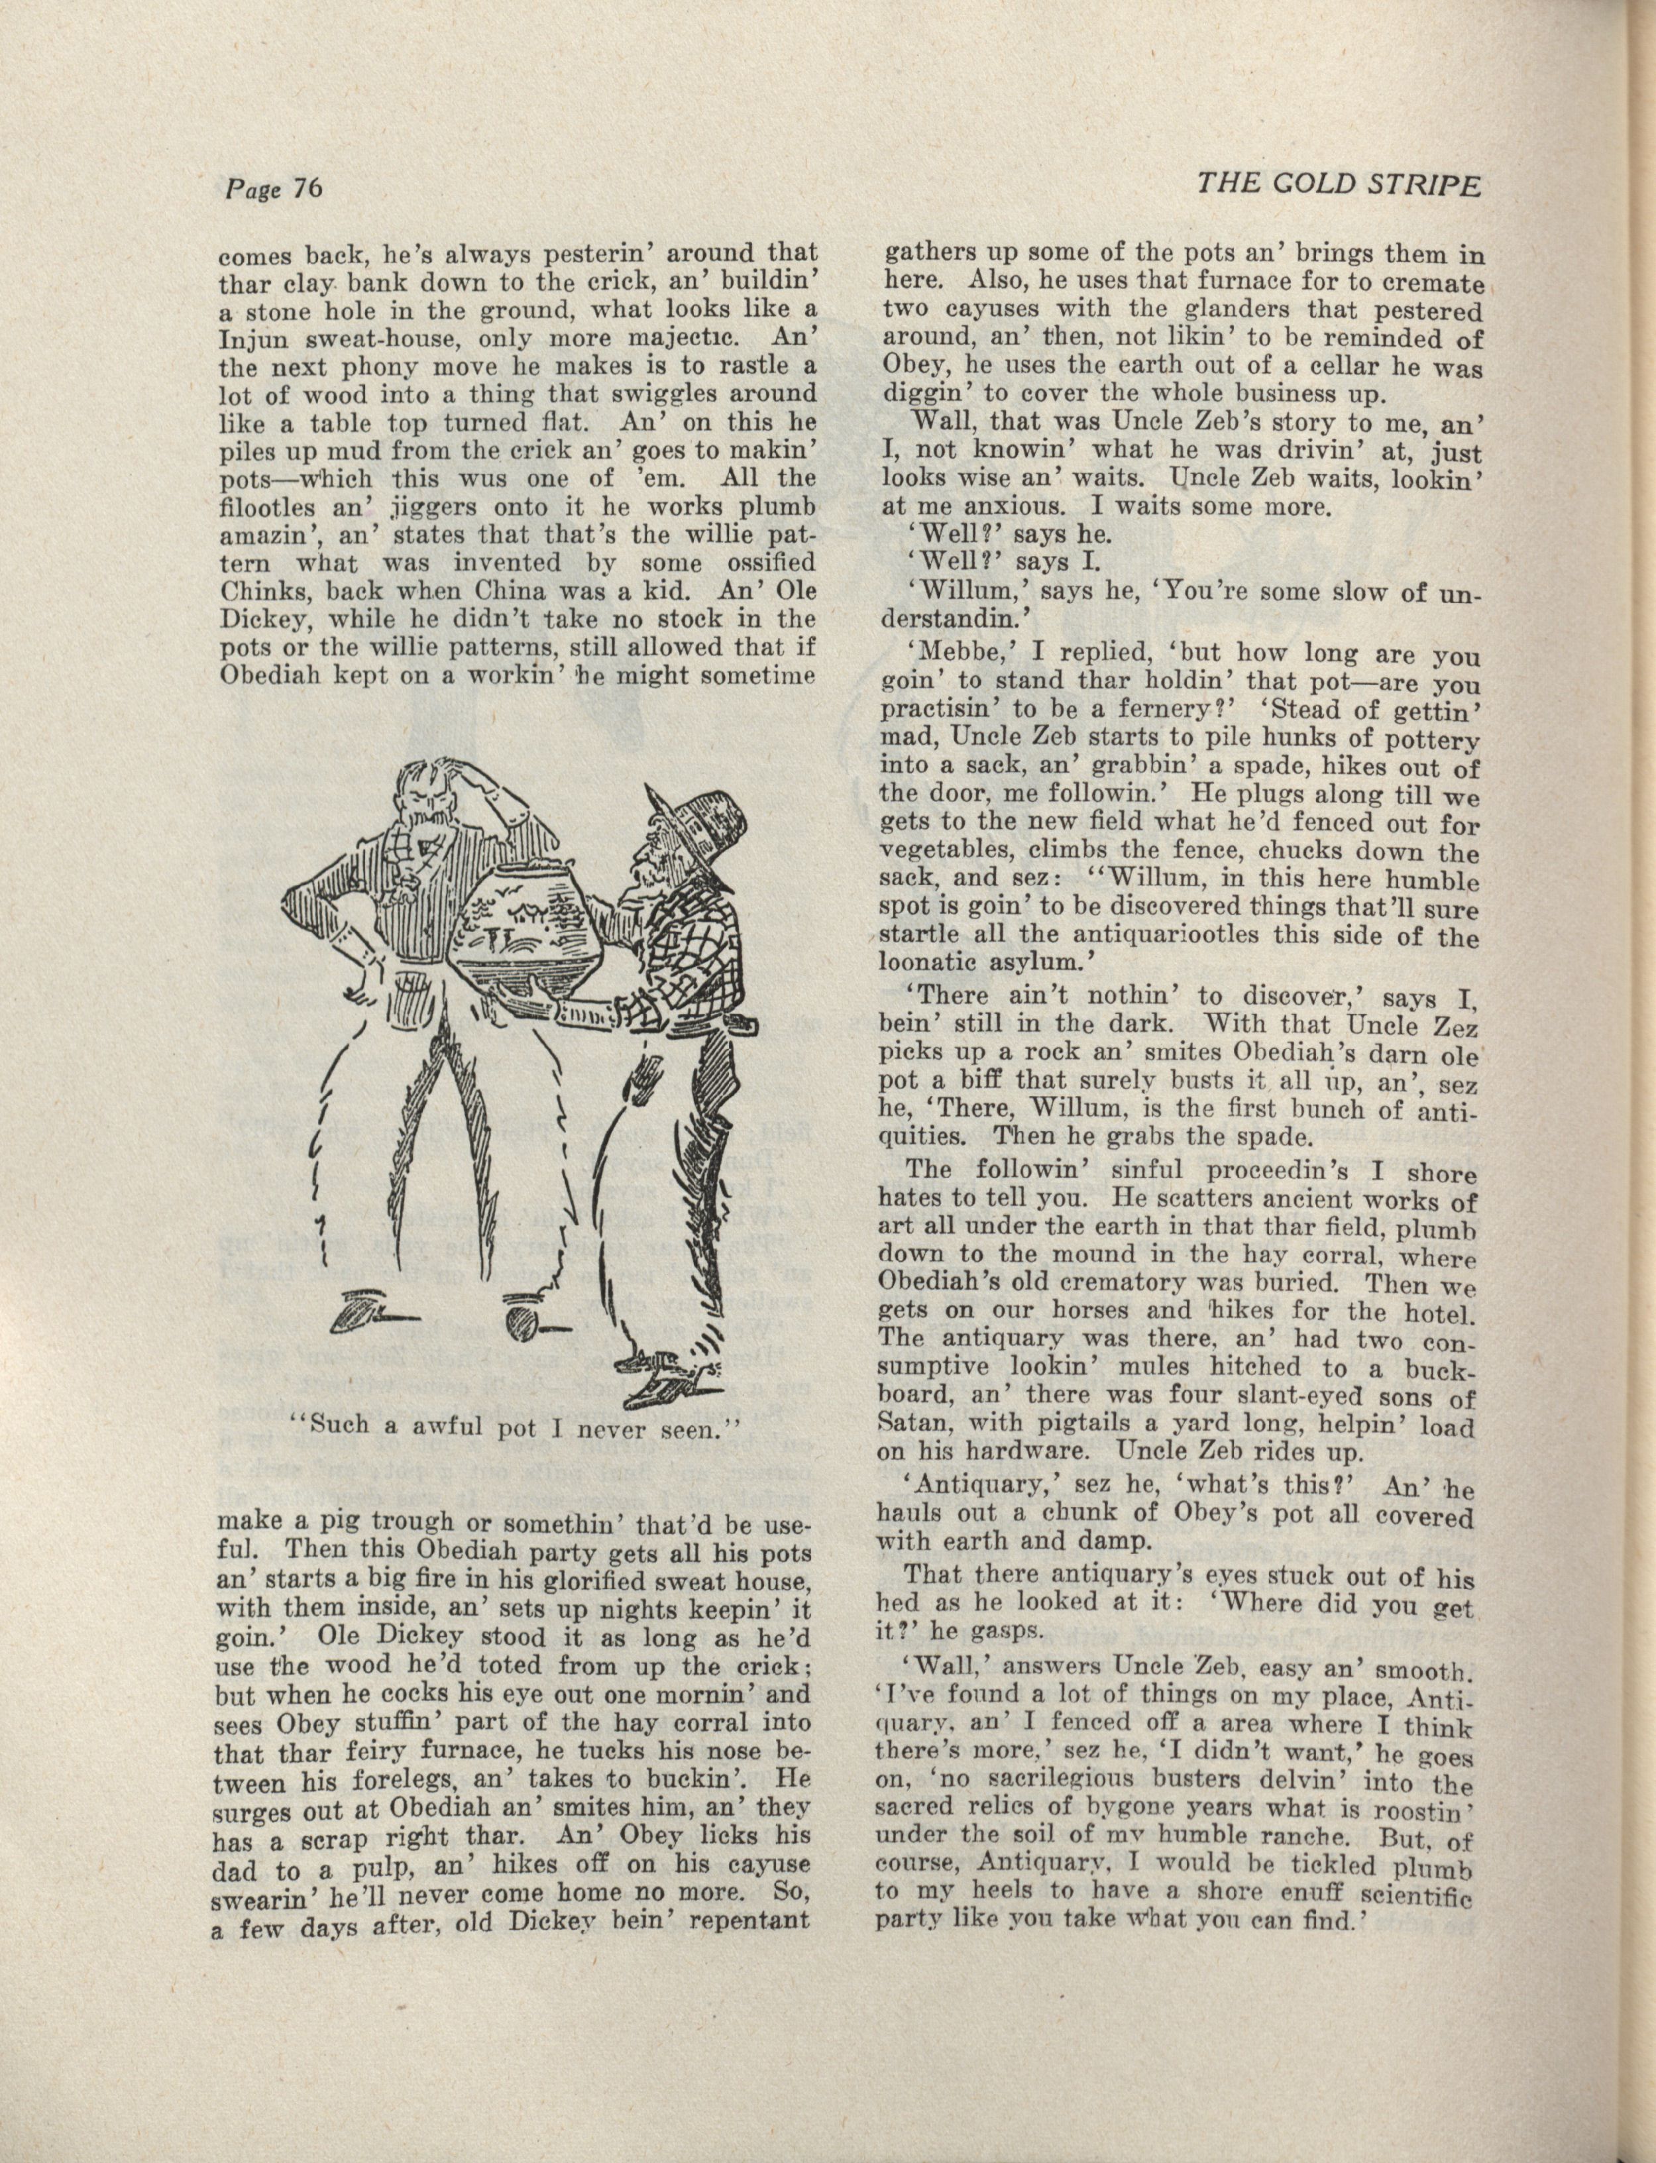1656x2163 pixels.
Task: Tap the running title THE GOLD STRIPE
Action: tap(1338, 186)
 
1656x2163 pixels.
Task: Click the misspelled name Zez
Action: tap(1456, 1028)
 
